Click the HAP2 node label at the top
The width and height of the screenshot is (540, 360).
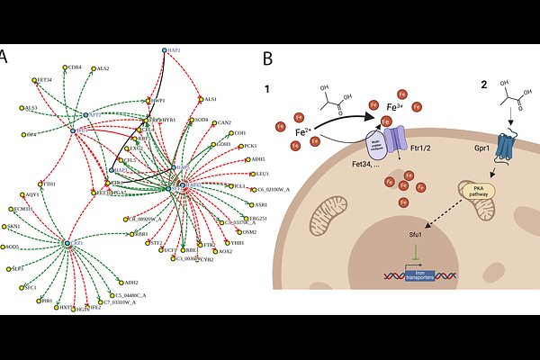pyautogui.click(x=175, y=50)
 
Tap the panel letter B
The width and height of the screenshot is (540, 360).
pyautogui.click(x=267, y=58)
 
